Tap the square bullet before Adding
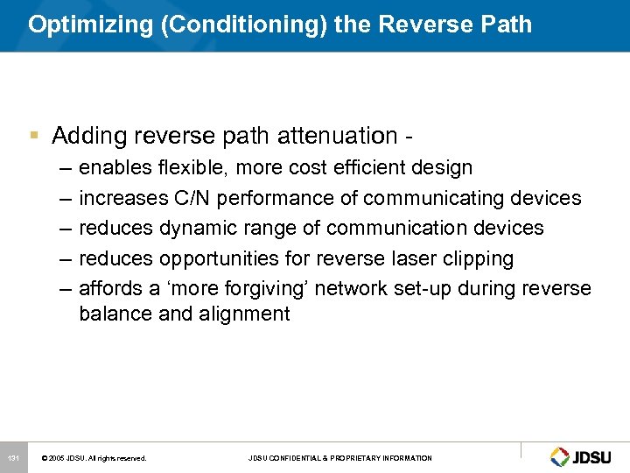(x=34, y=136)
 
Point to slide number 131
(x=13, y=458)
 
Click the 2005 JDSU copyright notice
(x=94, y=458)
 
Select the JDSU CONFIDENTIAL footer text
(x=339, y=458)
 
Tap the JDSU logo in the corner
(x=584, y=456)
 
